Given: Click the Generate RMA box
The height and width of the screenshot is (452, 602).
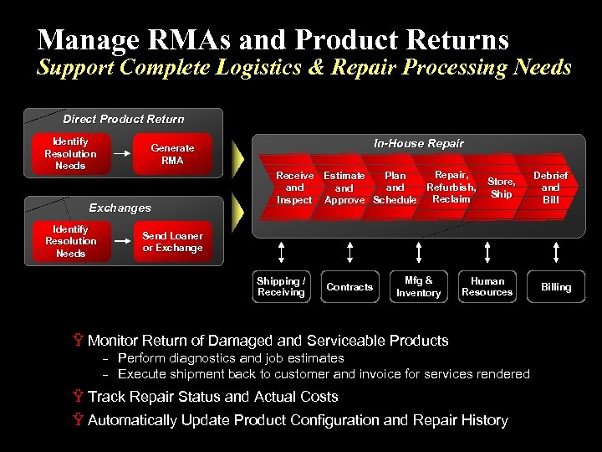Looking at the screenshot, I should click(x=172, y=154).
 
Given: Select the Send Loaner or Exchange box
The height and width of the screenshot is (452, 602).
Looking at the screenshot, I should click(x=172, y=242).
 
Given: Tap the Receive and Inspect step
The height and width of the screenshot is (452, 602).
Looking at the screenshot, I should click(x=293, y=187).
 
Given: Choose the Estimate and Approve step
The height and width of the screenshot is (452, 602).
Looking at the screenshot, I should click(x=344, y=187).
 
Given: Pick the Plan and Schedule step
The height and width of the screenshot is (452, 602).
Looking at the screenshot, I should click(x=395, y=187).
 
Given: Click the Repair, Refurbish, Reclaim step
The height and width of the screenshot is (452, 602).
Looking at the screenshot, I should click(x=451, y=187).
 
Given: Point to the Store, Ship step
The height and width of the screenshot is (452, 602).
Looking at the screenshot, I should click(x=502, y=187).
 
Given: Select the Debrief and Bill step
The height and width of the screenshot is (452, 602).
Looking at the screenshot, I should click(x=550, y=187).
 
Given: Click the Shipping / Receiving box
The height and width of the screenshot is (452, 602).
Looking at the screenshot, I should click(x=281, y=287).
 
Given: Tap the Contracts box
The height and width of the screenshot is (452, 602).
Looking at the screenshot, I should click(x=349, y=287).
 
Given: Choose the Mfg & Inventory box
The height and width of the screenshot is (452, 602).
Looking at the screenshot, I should click(x=418, y=287).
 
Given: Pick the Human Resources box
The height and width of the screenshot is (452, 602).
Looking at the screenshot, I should click(x=487, y=287).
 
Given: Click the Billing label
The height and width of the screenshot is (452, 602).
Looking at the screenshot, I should click(x=555, y=287).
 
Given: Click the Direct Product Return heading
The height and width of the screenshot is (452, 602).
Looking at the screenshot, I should click(x=124, y=119).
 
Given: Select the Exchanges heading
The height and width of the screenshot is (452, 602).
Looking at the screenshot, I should click(x=120, y=208).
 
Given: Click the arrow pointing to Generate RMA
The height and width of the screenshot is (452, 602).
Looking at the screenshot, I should click(x=122, y=154).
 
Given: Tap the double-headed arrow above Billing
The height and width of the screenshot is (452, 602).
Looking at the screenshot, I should click(x=555, y=251).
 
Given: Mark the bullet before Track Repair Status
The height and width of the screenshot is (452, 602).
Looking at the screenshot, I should click(x=78, y=397).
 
